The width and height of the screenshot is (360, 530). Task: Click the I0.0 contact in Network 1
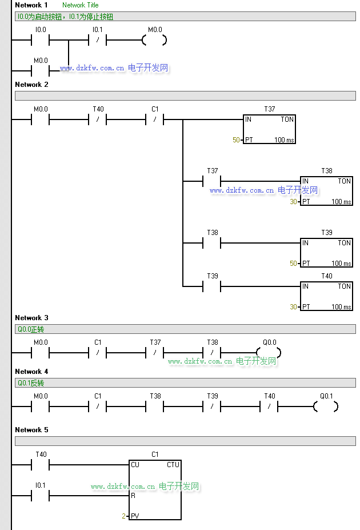41,40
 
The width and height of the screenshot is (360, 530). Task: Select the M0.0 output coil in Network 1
154,40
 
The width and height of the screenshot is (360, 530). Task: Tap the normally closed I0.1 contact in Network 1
98,40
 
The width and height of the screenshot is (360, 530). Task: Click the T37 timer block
269,129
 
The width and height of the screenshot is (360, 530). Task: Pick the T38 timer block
326,191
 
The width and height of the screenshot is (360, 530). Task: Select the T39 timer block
326,253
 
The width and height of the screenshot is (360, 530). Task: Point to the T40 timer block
326,296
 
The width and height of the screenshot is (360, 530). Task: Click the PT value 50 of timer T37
236,140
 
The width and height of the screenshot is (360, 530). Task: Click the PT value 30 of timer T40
293,307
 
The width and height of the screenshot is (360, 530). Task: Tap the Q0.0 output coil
269,352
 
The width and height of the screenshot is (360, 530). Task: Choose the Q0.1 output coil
326,407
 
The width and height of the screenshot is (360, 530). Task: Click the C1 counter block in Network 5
155,490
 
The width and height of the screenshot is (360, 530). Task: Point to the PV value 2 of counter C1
123,516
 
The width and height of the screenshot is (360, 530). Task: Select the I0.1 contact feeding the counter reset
41,496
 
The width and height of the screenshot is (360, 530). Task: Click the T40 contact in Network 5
41,465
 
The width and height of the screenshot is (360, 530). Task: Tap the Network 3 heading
32,318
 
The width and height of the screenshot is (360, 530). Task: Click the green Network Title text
80,5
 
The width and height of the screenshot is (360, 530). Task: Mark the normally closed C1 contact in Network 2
155,119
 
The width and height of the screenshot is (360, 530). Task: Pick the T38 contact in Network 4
155,407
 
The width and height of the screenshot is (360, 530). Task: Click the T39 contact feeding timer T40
212,285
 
